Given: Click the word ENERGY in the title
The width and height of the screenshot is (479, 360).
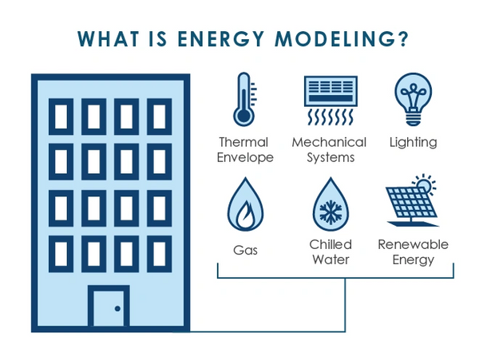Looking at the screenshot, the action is (220, 39).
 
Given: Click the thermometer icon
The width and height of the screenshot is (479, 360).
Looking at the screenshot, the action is (244, 99).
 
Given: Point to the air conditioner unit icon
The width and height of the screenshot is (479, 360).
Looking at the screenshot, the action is (331, 100).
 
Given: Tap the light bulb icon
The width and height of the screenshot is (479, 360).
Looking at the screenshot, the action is (413, 99).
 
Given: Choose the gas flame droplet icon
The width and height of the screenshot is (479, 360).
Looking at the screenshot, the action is (245, 204).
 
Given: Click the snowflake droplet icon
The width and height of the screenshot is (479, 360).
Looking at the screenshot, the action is (331, 204).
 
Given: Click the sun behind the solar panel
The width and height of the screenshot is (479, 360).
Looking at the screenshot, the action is (425, 184).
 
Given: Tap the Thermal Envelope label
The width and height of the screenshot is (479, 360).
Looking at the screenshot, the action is (245, 150).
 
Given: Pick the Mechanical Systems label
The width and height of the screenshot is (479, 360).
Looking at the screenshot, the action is (329, 150).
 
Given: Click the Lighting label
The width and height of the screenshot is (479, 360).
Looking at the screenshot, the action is (413, 143).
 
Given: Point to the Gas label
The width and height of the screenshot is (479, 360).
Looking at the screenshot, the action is (245, 251).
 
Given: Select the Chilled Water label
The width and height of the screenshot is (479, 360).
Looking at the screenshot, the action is (331, 252).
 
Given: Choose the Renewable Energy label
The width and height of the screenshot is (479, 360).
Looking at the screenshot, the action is (413, 252).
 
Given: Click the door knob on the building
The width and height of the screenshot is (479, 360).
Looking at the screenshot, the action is (117, 309).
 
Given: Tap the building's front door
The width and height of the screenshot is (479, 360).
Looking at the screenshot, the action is (109, 307).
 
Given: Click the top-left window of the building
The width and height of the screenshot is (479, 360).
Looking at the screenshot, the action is (61, 117).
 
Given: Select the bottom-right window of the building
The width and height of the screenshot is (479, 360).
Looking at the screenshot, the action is (160, 254).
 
